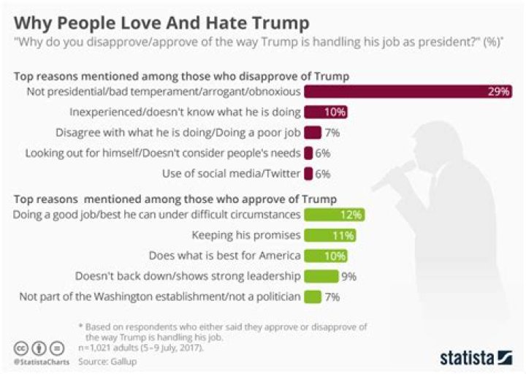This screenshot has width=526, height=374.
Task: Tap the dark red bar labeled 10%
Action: pyautogui.click(x=325, y=112)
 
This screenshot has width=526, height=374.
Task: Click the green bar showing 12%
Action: pyautogui.click(x=333, y=215)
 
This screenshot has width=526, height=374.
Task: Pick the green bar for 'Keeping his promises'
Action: pyautogui.click(x=330, y=235)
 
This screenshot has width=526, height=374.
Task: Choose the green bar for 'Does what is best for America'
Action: pyautogui.click(x=325, y=256)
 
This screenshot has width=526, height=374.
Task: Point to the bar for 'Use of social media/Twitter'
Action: pyautogui.click(x=308, y=173)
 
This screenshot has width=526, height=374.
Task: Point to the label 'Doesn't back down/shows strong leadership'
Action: pyautogui.click(x=187, y=276)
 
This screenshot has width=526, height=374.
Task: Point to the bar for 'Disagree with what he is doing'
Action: pyautogui.click(x=313, y=132)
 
